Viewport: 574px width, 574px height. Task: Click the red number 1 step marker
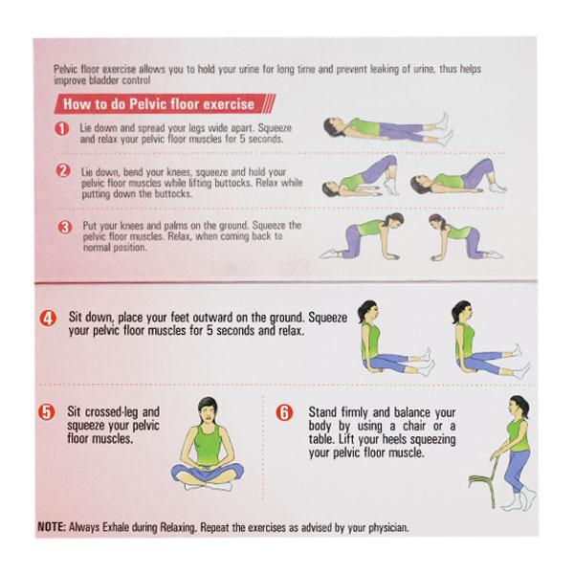(x=62, y=129)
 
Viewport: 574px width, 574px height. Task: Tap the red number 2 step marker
(x=63, y=170)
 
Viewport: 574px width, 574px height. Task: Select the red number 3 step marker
(x=65, y=228)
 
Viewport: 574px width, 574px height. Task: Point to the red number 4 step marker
(x=48, y=319)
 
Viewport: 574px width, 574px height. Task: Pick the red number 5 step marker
(x=47, y=412)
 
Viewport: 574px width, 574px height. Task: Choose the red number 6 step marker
(x=284, y=412)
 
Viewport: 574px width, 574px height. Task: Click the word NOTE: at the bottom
(x=52, y=527)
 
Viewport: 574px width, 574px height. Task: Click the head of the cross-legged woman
(x=208, y=410)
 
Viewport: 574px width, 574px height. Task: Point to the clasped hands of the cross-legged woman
(x=207, y=468)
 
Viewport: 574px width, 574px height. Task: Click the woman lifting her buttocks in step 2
(x=361, y=176)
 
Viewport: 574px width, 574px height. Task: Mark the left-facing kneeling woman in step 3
(x=466, y=237)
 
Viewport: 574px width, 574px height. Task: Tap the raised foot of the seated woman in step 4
(x=517, y=350)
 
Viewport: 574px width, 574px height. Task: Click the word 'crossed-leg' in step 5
(x=111, y=412)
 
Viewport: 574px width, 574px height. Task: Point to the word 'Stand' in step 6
(x=322, y=412)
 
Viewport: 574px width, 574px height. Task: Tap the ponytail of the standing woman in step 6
(x=524, y=406)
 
